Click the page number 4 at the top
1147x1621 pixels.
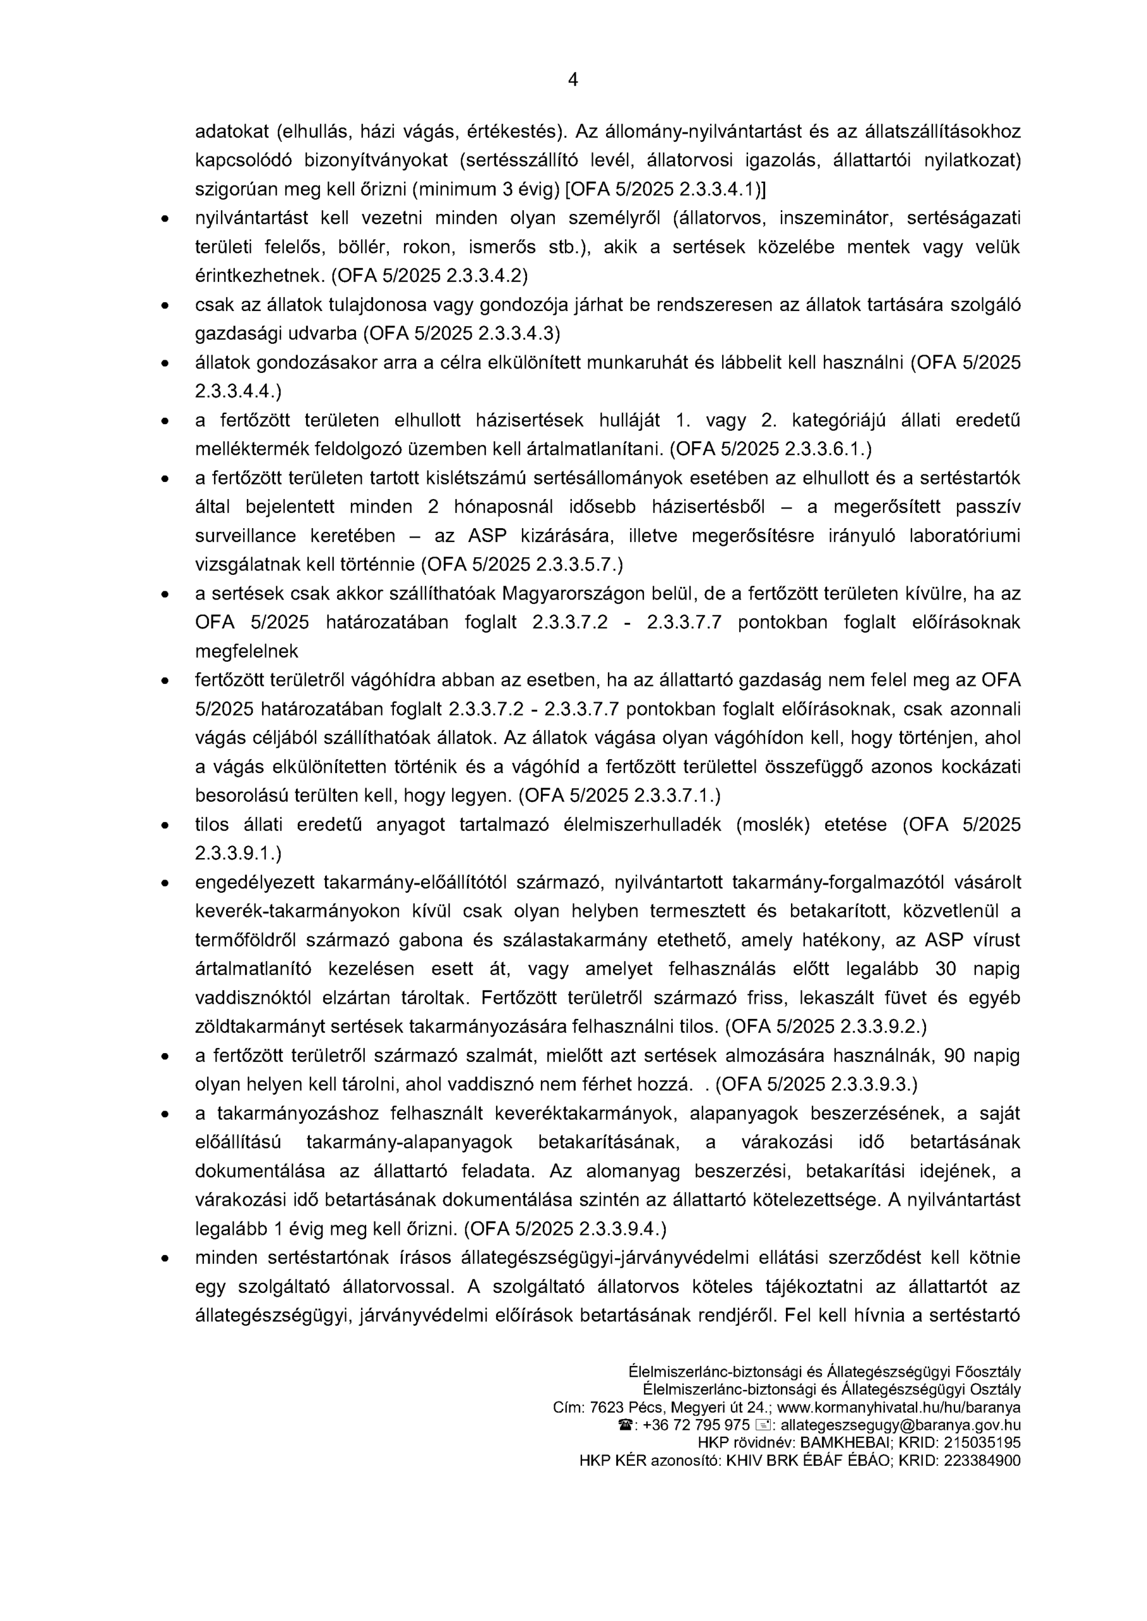573,80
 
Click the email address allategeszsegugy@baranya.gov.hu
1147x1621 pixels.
900,1425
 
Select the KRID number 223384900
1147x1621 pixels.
982,1461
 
